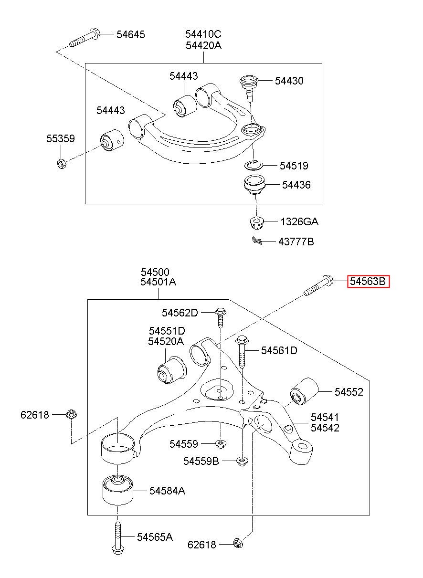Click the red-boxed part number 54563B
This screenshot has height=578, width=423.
[x=368, y=281]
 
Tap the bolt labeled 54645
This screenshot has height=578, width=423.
[x=84, y=38]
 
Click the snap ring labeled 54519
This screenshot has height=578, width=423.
[x=254, y=166]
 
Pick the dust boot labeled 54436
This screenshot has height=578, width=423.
[x=254, y=185]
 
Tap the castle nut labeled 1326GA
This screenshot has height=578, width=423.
[x=256, y=223]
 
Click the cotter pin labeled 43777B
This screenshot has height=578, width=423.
[x=257, y=241]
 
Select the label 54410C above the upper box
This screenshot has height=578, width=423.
[x=203, y=34]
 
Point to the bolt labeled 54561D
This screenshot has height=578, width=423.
[x=242, y=351]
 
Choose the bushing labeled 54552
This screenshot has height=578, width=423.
[x=304, y=391]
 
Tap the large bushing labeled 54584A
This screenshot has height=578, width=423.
[x=118, y=490]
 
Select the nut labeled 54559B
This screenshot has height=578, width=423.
[x=242, y=461]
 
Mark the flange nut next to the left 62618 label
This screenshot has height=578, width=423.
[x=71, y=414]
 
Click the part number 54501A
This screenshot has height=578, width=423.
[x=158, y=282]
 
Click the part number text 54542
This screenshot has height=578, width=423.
[x=325, y=428]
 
